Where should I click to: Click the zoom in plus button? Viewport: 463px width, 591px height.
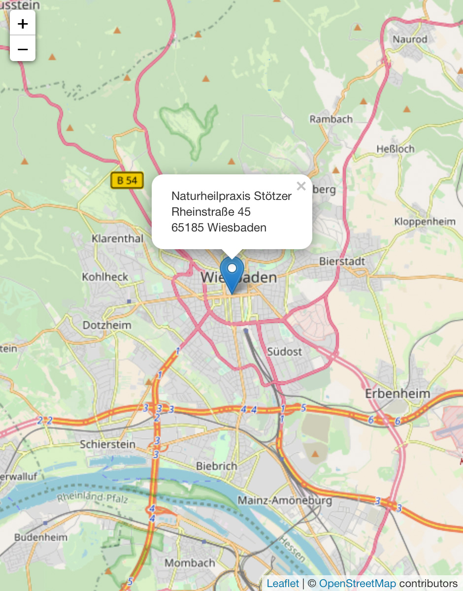tap(23, 23)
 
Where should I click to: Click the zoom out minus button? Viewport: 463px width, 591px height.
tap(23, 49)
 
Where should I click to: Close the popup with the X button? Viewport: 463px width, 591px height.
tap(301, 186)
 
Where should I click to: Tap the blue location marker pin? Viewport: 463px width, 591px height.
tap(231, 274)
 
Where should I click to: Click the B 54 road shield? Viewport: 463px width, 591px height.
tap(127, 181)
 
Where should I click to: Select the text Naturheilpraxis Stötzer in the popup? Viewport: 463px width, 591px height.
tap(231, 196)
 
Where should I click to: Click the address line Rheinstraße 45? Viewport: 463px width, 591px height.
tap(211, 212)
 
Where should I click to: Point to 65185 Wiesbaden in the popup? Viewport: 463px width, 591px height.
tap(219, 228)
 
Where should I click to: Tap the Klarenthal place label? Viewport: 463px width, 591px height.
tap(118, 239)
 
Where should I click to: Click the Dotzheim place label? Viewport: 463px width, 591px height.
tap(107, 326)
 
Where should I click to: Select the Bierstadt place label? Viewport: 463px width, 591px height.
tap(342, 261)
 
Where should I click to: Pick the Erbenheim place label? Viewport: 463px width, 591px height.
tap(397, 394)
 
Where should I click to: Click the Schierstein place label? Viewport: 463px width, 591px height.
tap(107, 444)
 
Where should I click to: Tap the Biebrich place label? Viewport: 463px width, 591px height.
tap(216, 466)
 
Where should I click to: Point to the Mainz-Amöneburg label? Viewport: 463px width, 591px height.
tap(285, 501)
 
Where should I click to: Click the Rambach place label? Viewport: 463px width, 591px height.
tap(331, 119)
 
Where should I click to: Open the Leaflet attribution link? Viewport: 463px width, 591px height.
tap(283, 584)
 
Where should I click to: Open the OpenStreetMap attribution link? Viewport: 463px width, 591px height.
tap(357, 584)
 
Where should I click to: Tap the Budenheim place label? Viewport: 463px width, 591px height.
tap(40, 537)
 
